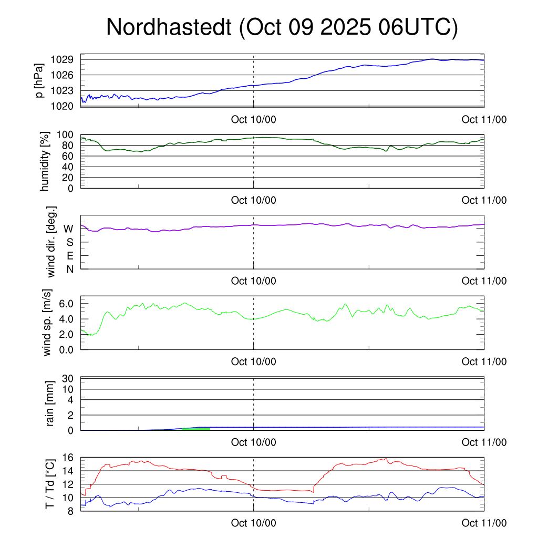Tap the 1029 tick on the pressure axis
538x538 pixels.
coord(62,59)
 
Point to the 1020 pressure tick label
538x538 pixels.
coord(62,106)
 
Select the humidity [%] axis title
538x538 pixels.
coord(45,162)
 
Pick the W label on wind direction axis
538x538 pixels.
coord(68,229)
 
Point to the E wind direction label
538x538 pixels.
coord(69,256)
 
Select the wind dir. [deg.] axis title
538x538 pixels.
coord(51,242)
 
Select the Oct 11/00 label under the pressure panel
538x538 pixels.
coord(484,120)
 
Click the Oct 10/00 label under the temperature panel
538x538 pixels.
coord(254,523)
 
